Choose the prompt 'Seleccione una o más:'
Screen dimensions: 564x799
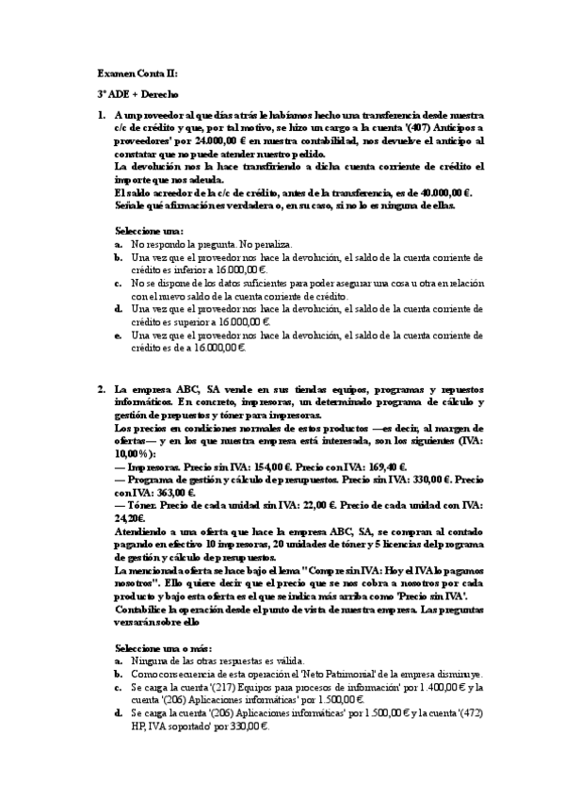[164, 649]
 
